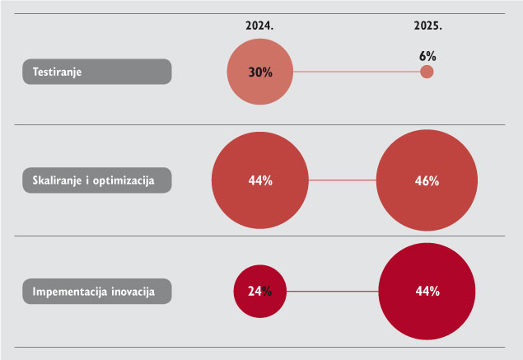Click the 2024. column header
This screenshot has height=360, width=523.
pos(259,26)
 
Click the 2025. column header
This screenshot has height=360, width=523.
pos(428,26)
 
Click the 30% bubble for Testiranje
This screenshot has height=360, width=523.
pos(260,72)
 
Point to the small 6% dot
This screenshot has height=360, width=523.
pos(427,72)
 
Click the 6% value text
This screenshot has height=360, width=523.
pos(427,56)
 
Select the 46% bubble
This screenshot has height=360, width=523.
pos(427,180)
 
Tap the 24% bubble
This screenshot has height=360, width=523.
pos(259,292)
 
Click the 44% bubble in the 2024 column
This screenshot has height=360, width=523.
pos(260,180)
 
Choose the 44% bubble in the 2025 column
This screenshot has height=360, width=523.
pos(427,292)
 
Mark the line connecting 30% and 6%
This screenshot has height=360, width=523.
pos(357,72)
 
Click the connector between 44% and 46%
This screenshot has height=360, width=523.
pos(343,180)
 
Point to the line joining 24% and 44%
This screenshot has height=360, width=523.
pos(333,292)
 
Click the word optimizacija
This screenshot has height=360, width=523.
pos(124,180)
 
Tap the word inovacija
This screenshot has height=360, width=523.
pos(133,292)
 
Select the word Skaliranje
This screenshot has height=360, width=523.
pos(57,180)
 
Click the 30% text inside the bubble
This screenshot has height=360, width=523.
pos(260,72)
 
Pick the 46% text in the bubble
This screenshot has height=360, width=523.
pos(427,181)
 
